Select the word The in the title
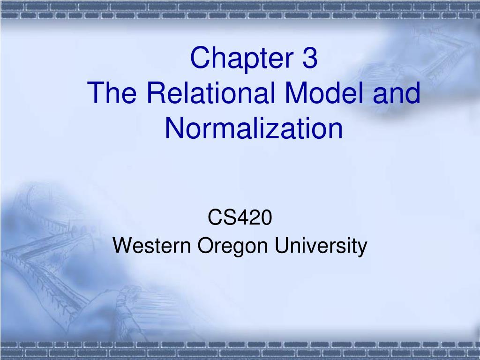coord(112,92)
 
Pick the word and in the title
coord(397,92)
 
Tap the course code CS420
coord(240,217)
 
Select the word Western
coord(151,245)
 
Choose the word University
coord(321,247)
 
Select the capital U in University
coord(282,245)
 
